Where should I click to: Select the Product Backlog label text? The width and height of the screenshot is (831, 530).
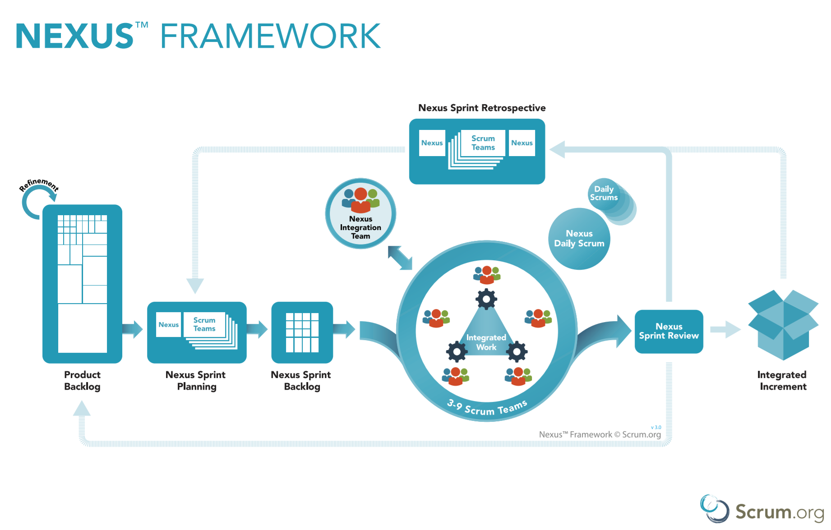[x=82, y=381]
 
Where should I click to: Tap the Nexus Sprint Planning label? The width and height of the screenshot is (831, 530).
[x=196, y=381]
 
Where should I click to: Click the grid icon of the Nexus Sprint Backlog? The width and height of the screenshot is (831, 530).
[x=302, y=332]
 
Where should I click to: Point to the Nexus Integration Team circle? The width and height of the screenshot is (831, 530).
[x=360, y=214]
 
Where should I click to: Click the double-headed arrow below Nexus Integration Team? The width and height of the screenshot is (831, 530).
[x=400, y=258]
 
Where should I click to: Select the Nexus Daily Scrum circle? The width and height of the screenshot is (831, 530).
[x=579, y=239]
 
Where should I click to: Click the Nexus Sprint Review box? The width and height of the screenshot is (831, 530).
[x=669, y=331]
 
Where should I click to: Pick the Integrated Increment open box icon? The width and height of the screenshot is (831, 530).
[x=783, y=325]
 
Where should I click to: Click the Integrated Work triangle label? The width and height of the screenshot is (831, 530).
[x=486, y=342]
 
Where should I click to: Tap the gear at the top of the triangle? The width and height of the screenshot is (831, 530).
[x=486, y=299]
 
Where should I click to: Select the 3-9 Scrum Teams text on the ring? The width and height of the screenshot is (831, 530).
[x=487, y=409]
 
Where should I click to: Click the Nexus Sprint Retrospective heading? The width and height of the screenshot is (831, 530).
[x=482, y=108]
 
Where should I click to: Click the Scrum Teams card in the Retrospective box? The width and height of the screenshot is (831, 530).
[x=483, y=143]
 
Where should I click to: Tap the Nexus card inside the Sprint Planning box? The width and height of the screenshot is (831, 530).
[x=169, y=325]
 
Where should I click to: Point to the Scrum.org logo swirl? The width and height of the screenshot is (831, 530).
[x=714, y=508]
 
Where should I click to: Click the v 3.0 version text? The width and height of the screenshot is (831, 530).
[x=656, y=427]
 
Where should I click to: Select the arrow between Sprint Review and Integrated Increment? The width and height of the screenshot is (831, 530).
[x=725, y=329]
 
